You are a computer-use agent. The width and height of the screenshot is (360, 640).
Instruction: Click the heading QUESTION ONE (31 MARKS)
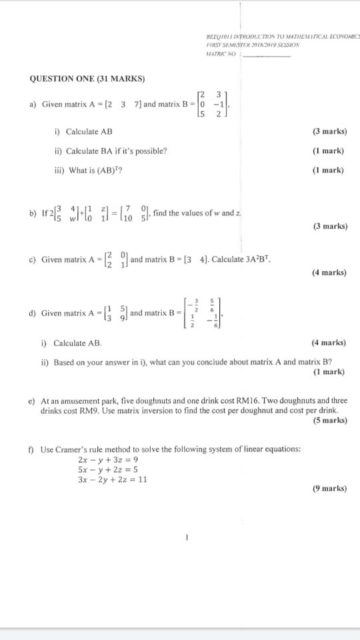(x=87, y=79)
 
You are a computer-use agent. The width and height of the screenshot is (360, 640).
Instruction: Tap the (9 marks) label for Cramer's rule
(x=329, y=488)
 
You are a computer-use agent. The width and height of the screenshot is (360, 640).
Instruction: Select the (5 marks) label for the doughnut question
(x=329, y=420)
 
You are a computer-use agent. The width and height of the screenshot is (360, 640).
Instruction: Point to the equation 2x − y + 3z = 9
(x=108, y=460)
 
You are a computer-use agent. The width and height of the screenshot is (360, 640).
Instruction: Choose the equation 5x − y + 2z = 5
(x=108, y=469)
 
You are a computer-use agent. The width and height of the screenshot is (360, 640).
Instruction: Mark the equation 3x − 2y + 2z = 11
(x=113, y=479)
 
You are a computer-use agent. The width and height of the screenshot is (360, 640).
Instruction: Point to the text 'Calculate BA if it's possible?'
(x=111, y=151)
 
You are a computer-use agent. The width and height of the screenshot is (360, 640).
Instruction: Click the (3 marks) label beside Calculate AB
(x=329, y=132)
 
